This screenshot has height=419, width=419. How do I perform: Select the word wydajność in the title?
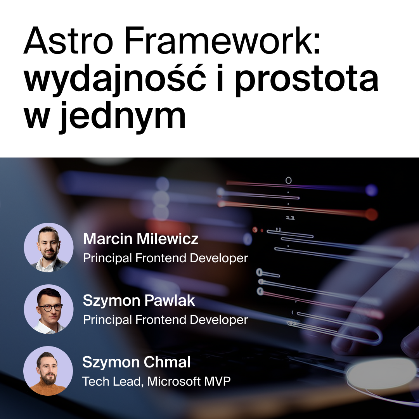(x=115, y=79)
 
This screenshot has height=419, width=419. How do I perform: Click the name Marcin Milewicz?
(x=140, y=239)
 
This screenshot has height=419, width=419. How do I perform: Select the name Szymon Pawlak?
(x=139, y=301)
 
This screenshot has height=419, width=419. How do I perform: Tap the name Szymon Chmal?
(x=136, y=362)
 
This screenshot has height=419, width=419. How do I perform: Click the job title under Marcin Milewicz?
(x=165, y=258)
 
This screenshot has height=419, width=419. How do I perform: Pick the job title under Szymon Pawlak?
(x=165, y=320)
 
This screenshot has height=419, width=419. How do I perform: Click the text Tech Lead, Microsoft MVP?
(x=156, y=381)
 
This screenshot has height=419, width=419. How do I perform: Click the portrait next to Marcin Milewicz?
(x=48, y=248)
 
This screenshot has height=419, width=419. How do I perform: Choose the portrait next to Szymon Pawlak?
(x=48, y=309)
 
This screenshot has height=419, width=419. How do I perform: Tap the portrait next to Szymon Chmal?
(x=48, y=371)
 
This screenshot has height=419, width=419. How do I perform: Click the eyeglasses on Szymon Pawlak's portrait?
(x=50, y=308)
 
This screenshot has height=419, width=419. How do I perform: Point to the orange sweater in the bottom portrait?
(x=48, y=389)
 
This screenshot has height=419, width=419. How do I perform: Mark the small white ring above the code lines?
(x=289, y=180)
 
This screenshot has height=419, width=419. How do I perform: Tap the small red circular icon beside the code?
(x=255, y=230)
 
